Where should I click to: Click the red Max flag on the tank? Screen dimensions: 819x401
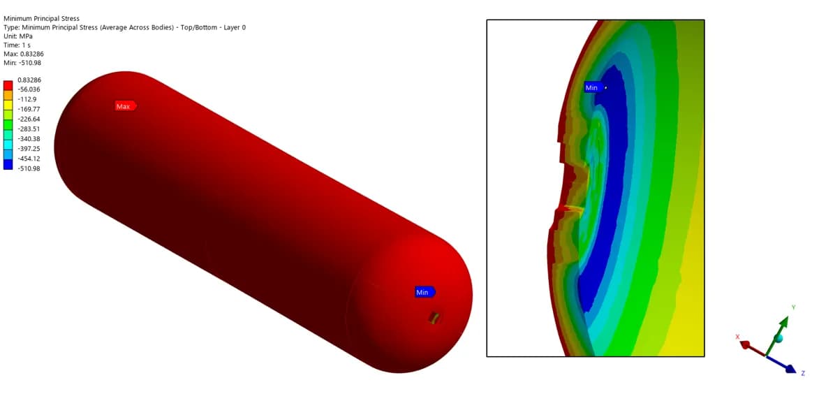126,106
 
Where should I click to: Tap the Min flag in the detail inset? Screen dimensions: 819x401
594,88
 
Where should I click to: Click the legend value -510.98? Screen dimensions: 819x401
29,168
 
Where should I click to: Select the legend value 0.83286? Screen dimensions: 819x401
29,80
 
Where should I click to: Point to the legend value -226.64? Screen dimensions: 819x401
29,119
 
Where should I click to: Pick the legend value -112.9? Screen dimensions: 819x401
27,99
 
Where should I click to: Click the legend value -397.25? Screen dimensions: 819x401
29,149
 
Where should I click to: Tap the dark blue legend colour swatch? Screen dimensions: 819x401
8,165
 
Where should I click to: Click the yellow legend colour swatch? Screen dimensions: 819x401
8,105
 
